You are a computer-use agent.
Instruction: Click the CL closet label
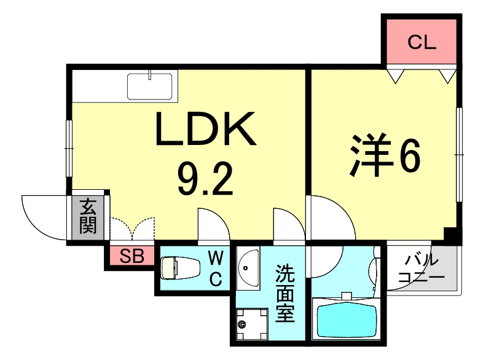421,42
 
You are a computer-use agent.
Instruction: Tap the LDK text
205,130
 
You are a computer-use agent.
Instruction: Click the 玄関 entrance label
88,216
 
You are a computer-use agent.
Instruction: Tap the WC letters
216,268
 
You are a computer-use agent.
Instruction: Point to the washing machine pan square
252,322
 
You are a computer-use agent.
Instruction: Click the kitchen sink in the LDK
151,85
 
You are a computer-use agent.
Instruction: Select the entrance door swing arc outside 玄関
43,215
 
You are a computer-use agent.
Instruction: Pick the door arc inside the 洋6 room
332,218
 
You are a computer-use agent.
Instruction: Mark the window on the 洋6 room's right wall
458,154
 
